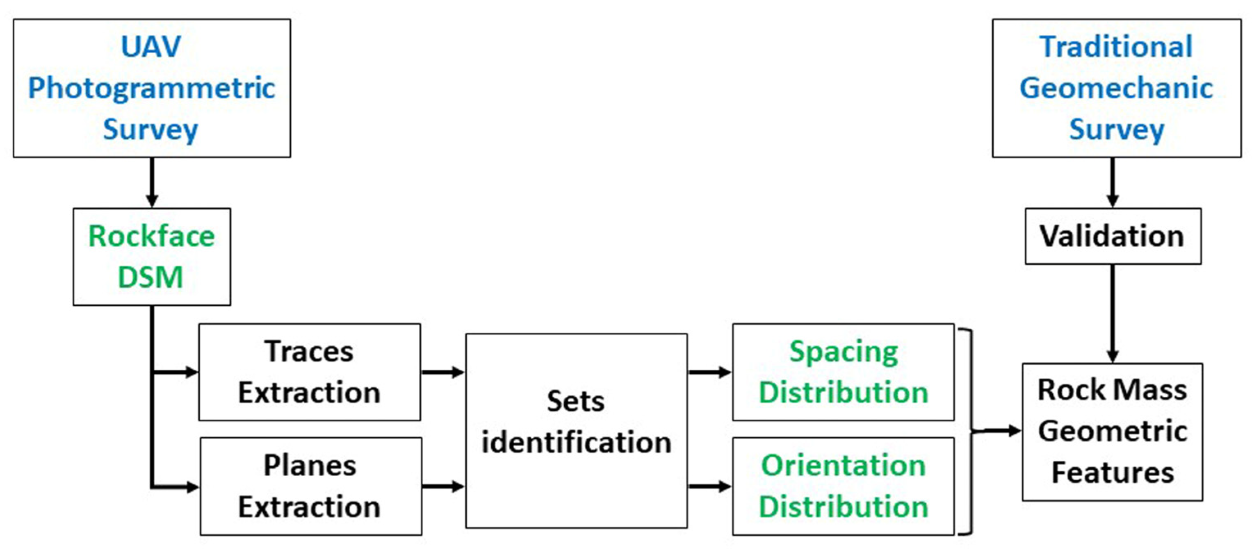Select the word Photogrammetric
coord(152,89)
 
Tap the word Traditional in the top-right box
coord(1116,47)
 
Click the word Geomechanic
coord(1116,89)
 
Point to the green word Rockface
coord(151,236)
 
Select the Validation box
coord(1113,236)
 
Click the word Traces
coord(309,351)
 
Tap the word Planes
coord(310,466)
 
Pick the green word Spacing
coord(844,351)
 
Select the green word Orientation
coord(843,466)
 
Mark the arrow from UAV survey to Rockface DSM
coord(152,183)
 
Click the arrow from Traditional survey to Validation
coord(1113,183)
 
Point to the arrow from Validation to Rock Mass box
coord(1113,314)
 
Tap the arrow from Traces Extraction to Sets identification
coord(443,372)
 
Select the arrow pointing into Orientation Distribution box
coord(709,486)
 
